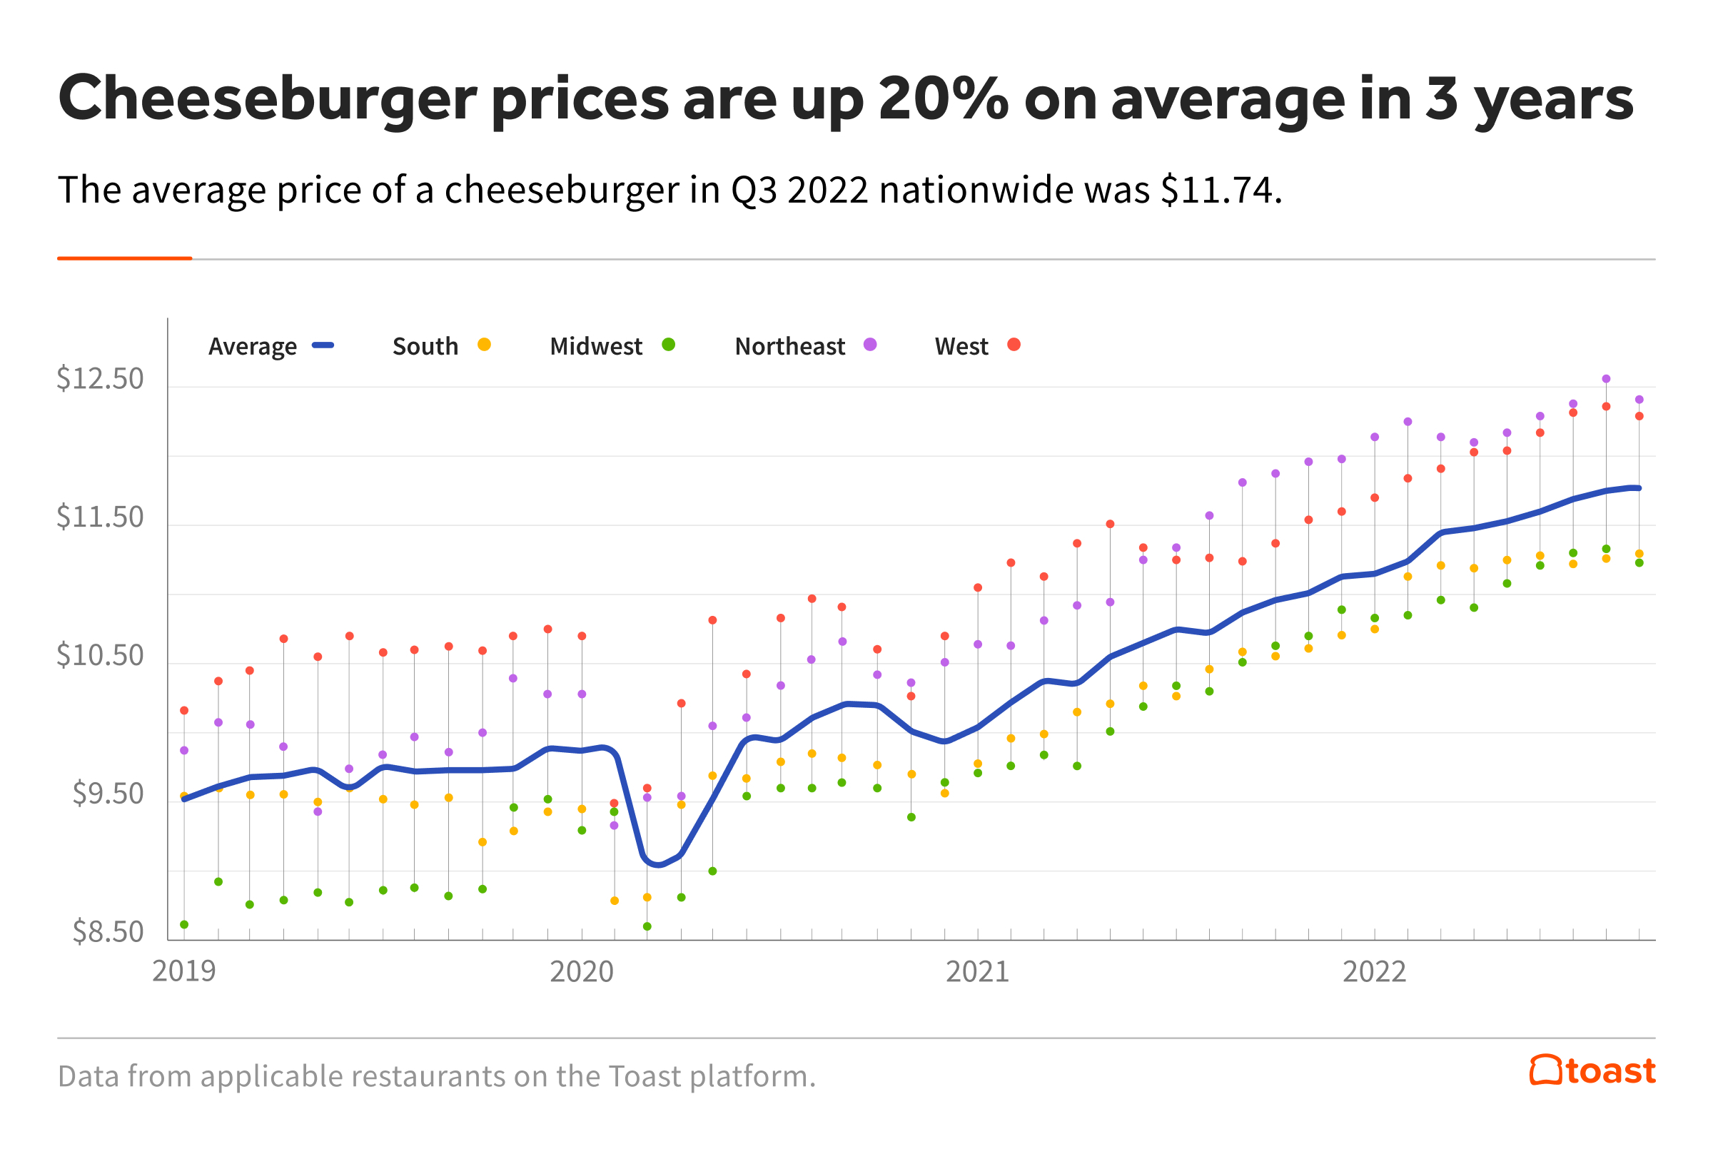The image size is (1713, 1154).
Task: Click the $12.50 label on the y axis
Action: pos(100,379)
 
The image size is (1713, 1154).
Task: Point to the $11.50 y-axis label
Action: pos(100,517)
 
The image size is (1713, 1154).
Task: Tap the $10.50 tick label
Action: pos(100,656)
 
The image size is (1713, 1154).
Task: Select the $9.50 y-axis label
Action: pos(108,794)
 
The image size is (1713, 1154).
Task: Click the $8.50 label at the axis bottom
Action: pos(108,933)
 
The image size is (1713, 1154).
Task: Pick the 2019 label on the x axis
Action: pos(184,971)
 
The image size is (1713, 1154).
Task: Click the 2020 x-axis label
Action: pos(581,971)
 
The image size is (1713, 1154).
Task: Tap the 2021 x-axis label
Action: pos(977,971)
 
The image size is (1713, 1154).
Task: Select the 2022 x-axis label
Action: pos(1374,971)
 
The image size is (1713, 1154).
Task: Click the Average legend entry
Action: pos(253,346)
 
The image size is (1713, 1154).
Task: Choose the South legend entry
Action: pos(425,346)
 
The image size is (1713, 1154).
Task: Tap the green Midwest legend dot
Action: pos(668,345)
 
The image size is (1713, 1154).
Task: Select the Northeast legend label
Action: pos(789,346)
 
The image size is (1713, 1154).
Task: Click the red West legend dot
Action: pos(1014,345)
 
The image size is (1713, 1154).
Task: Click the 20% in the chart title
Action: pos(944,98)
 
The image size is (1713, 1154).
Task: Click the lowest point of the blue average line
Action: pos(657,865)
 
